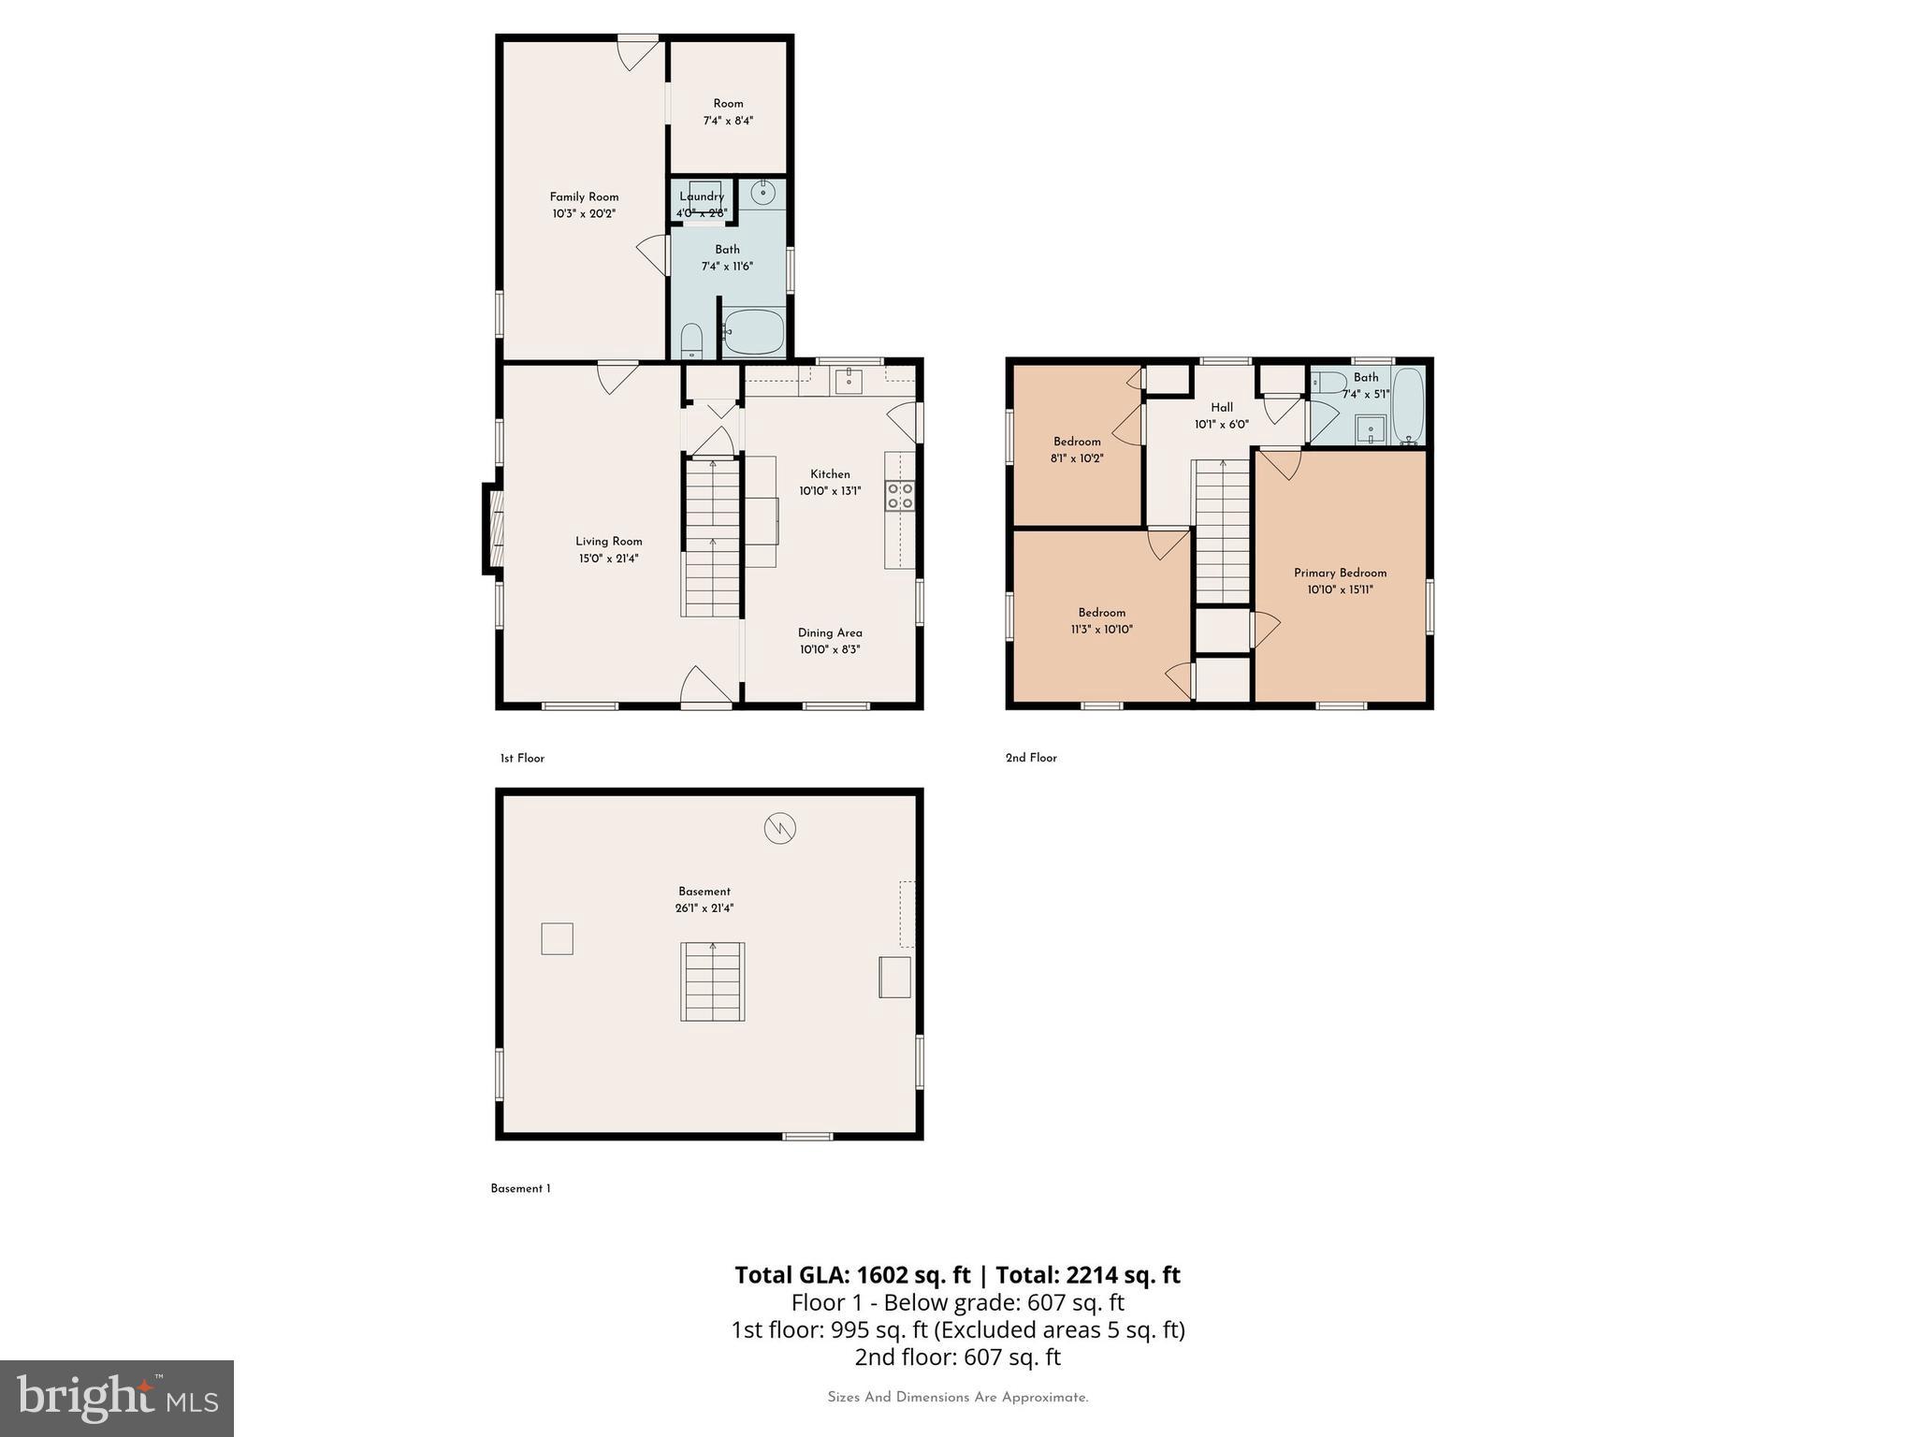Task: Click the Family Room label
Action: pos(584,196)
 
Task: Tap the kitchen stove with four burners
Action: pos(900,496)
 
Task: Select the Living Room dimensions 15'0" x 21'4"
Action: pos(608,559)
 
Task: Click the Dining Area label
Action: pos(830,632)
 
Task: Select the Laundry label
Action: pos(702,196)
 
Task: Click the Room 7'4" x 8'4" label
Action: pos(728,111)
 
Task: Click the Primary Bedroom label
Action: pos(1340,573)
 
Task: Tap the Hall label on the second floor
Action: pos(1221,407)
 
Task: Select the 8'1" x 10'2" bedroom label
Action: pos(1077,450)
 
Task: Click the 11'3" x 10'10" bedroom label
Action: pos(1101,621)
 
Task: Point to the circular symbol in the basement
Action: pos(779,828)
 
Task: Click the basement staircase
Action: pos(713,981)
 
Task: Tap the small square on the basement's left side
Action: pos(557,938)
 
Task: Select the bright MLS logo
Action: pos(117,1398)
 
